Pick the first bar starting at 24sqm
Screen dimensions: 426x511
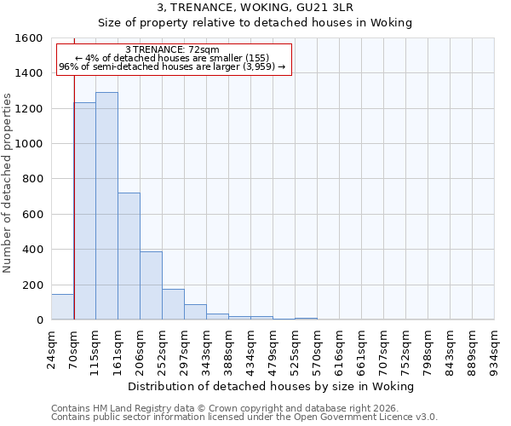[x=62, y=307]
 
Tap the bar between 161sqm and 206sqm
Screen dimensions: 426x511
[x=129, y=256]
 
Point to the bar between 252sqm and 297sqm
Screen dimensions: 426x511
[x=173, y=304]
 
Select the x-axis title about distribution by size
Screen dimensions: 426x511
[x=272, y=386]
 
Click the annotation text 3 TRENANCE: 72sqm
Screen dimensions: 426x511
[x=172, y=50]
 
